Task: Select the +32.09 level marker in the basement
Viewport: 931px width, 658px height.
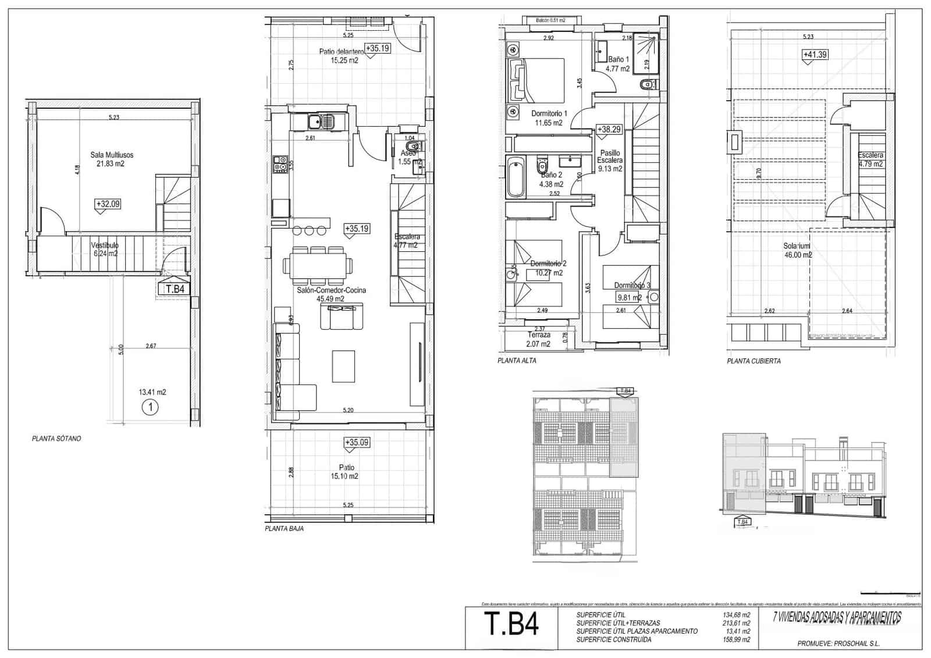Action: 108,204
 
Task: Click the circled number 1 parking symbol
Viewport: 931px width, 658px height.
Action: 150,407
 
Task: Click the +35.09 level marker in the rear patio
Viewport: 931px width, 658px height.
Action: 357,443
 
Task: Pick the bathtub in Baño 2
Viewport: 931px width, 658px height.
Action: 516,177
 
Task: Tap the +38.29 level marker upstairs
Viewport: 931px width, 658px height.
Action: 609,130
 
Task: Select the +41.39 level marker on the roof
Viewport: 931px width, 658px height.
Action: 815,55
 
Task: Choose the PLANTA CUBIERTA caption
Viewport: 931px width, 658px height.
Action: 754,361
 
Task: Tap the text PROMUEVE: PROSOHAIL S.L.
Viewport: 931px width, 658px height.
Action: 838,643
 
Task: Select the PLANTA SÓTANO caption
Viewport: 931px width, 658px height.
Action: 56,439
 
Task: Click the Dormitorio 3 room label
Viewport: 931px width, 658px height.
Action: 632,286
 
